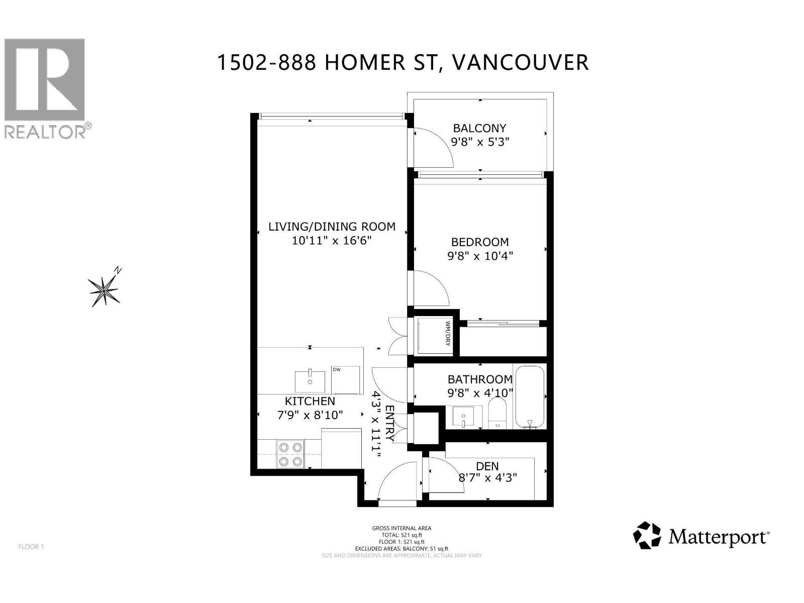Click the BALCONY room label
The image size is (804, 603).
(479, 128)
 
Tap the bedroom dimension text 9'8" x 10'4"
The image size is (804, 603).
(480, 256)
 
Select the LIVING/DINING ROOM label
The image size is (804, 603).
(332, 227)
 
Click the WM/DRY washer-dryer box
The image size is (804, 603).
(433, 336)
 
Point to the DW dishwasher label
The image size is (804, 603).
(336, 370)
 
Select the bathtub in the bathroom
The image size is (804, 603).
(530, 397)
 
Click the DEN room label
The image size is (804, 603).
(487, 466)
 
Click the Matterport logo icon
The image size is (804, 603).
(647, 535)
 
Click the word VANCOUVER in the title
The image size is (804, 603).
(520, 62)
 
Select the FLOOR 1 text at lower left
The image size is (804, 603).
(31, 547)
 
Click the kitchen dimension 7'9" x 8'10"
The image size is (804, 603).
(310, 415)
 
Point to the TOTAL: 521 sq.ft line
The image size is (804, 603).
(401, 535)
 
